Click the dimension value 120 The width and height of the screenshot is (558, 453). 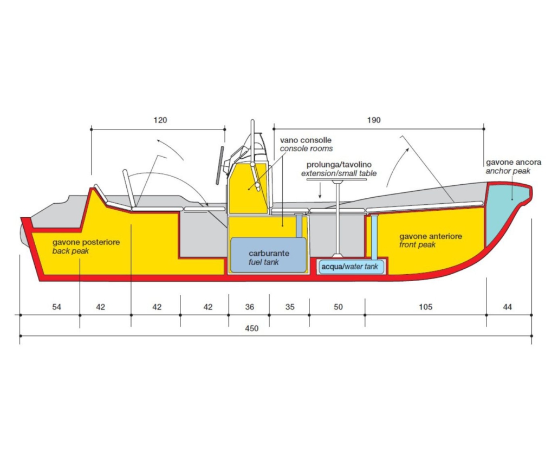point(160,120)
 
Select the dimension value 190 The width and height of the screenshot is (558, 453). point(374,120)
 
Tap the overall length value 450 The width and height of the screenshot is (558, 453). point(251,328)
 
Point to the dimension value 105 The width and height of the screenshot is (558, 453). point(426,307)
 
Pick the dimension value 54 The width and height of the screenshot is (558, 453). point(56,307)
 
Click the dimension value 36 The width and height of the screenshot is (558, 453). point(250,307)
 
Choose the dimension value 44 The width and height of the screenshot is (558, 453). point(508,307)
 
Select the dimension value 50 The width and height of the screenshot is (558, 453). point(339,307)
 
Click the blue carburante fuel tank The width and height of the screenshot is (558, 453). point(269,255)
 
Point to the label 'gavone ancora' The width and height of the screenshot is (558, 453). point(514,163)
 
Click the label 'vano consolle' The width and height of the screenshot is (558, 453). point(306,140)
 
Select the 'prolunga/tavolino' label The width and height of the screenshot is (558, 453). point(339,165)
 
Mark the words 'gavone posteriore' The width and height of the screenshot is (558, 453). point(86,242)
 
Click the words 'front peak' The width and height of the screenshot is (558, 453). point(418,245)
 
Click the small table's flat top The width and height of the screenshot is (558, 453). point(336,180)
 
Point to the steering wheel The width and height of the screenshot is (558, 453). point(220,165)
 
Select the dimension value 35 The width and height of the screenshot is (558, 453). point(290,307)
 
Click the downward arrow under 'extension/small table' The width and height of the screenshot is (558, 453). point(320,190)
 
